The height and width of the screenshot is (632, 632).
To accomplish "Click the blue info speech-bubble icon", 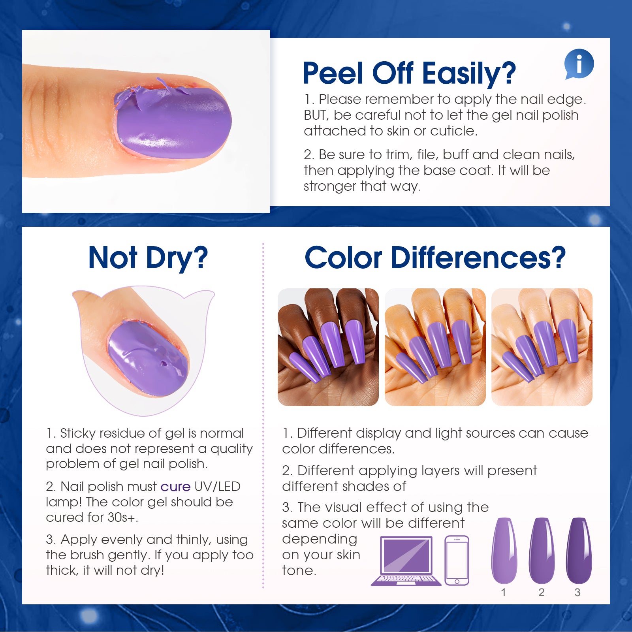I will tap(579, 64).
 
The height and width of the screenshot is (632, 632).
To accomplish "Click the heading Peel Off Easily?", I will tap(409, 73).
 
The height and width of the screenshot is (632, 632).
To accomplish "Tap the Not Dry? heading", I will tap(148, 258).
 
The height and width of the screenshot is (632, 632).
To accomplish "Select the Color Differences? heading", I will tap(435, 258).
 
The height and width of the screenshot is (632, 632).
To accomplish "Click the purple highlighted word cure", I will tap(175, 487).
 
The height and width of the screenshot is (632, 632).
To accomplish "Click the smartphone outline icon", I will tap(457, 561).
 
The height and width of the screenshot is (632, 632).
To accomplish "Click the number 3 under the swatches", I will tap(577, 592).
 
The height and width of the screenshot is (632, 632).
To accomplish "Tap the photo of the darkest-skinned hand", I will tap(328, 347).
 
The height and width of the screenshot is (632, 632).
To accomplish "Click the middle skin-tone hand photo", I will tap(435, 347).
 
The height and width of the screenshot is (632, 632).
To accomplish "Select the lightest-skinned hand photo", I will tap(542, 347).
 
